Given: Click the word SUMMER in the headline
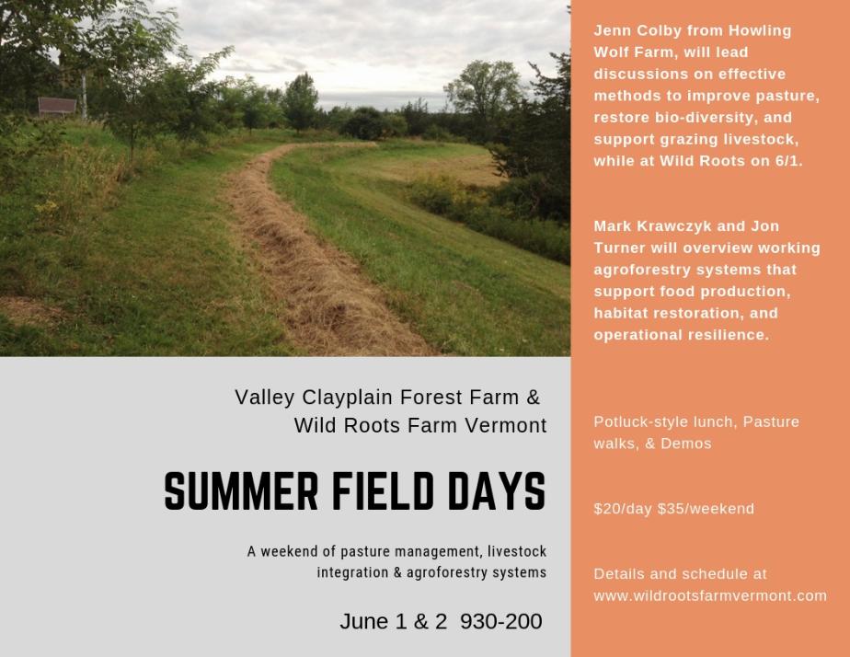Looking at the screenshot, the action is tap(241, 491).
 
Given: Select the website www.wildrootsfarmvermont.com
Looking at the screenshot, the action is tap(710, 595).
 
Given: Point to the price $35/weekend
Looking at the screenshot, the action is tap(706, 509).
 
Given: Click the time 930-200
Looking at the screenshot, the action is tap(500, 621).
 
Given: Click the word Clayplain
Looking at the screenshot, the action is tap(347, 398).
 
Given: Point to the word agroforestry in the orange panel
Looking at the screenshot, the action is tap(639, 270).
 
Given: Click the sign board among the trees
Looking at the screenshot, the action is tap(57, 106).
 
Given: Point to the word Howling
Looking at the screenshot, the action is tap(760, 30).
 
